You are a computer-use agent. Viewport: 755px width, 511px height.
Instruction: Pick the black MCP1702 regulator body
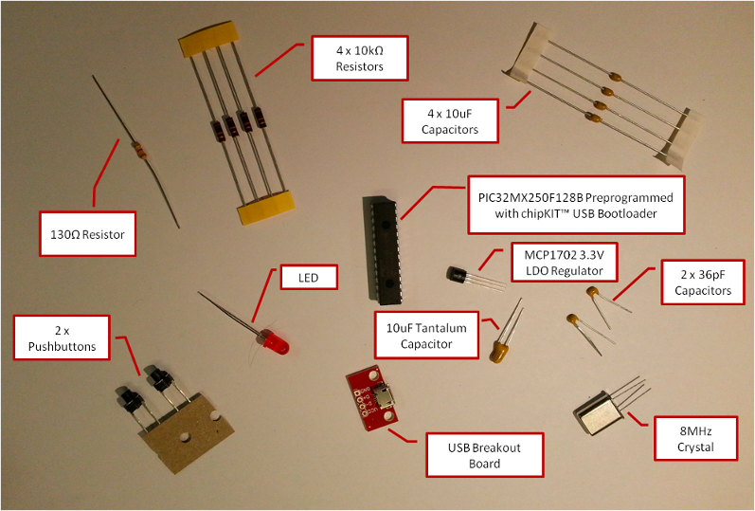coord(458,274)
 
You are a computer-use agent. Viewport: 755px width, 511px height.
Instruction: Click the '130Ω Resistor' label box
coord(88,232)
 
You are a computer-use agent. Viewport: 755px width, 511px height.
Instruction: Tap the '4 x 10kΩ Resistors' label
coord(359,59)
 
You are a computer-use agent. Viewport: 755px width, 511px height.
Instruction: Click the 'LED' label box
coord(309,278)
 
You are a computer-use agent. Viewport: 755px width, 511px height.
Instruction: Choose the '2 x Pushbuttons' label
coord(63,338)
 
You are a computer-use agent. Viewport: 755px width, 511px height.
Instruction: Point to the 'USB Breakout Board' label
coord(484,456)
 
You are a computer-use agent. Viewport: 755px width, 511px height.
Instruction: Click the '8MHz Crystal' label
coord(695,439)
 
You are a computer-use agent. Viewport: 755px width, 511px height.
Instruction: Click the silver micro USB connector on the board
coord(388,396)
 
